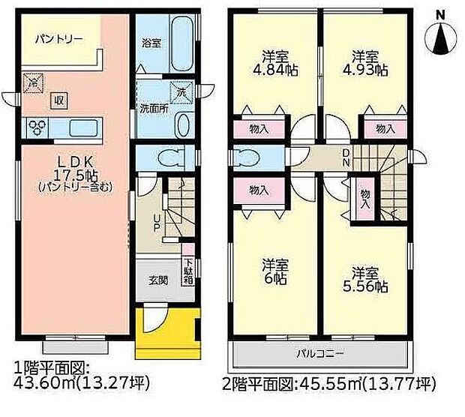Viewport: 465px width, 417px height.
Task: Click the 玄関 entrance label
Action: [157, 282]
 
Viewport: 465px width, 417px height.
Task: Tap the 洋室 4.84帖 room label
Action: [274, 63]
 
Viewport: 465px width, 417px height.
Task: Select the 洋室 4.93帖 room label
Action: [367, 63]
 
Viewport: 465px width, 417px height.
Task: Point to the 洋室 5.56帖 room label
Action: [367, 278]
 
